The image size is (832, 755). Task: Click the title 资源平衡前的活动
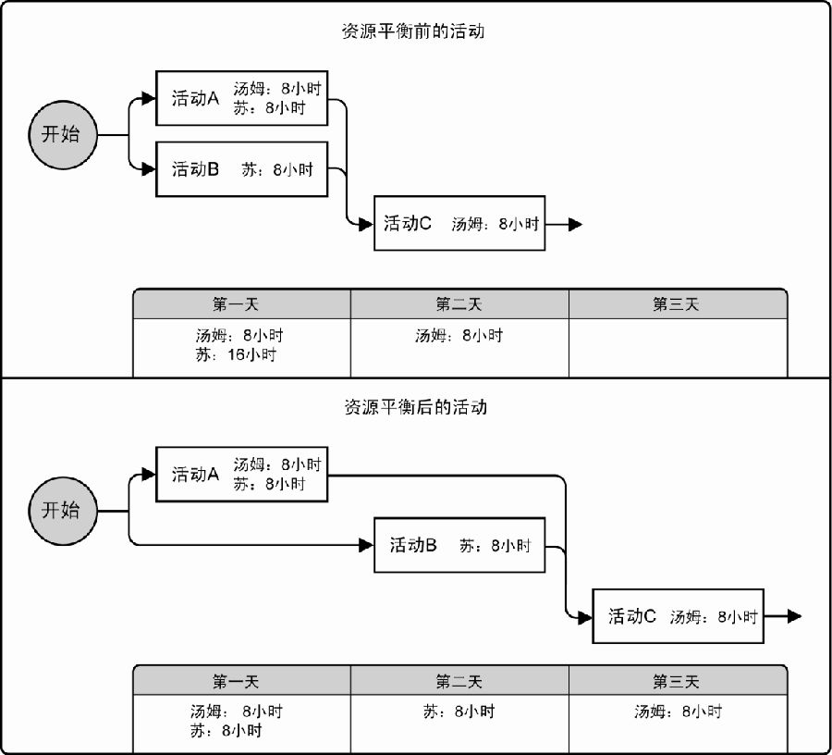(413, 31)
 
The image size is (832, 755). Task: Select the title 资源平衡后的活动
(415, 407)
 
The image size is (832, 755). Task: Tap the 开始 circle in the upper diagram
(63, 135)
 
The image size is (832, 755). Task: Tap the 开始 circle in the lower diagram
(63, 511)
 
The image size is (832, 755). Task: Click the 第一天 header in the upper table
(236, 304)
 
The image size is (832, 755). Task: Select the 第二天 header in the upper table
(459, 304)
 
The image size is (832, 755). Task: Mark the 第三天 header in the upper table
(676, 304)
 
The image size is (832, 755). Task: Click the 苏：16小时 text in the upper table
(236, 354)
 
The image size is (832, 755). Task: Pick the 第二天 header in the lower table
(459, 681)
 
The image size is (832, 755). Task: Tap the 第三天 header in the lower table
(676, 681)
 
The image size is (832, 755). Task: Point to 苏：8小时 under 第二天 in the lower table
(459, 712)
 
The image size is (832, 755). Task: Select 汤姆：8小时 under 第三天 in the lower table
(679, 712)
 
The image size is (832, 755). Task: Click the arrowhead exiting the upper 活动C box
(575, 225)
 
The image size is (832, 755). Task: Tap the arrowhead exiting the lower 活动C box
(794, 616)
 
